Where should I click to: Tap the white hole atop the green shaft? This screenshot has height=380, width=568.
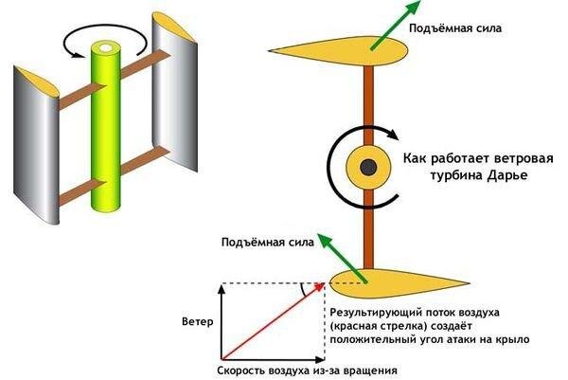coord(104,45)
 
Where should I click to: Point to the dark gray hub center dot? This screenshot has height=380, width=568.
coord(364,168)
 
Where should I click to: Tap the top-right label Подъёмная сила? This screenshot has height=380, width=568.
coord(453,29)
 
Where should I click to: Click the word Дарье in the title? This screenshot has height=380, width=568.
coord(504,177)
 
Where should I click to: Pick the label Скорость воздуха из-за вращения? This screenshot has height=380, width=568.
coord(307,371)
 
